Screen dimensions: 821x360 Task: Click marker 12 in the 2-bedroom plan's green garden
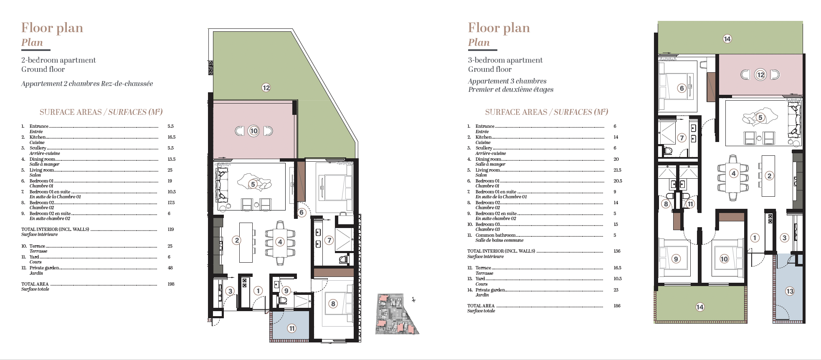266,88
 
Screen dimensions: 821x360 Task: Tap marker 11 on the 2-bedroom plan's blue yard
291,328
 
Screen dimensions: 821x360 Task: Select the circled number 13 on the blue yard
789,291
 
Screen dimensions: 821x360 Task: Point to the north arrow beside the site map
413,299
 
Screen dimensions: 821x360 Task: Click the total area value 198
171,284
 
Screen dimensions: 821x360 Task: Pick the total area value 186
617,306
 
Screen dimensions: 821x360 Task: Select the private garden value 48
170,268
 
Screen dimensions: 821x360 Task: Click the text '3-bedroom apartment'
505,60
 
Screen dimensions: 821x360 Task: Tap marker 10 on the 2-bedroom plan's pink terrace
254,131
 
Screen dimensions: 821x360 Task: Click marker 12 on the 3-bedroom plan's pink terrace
760,75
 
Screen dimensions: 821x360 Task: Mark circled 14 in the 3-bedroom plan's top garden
727,39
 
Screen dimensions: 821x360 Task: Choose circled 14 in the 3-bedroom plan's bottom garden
700,307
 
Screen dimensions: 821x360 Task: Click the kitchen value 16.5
172,137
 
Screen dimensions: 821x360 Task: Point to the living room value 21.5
618,170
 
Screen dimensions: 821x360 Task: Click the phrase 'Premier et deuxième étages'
511,89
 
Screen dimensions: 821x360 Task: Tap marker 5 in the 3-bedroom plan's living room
760,117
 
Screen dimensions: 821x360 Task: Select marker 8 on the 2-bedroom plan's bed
333,304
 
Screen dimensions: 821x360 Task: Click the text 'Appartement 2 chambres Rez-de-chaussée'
87,84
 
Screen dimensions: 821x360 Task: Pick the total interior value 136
617,251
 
